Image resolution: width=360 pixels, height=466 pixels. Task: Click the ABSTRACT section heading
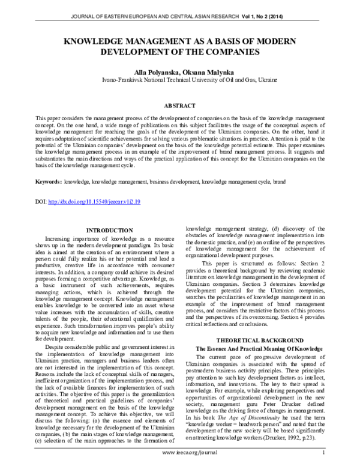click(179, 103)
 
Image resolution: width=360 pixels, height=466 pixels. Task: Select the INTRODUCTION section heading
click(110, 231)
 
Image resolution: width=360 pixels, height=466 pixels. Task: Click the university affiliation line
click(179, 79)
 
